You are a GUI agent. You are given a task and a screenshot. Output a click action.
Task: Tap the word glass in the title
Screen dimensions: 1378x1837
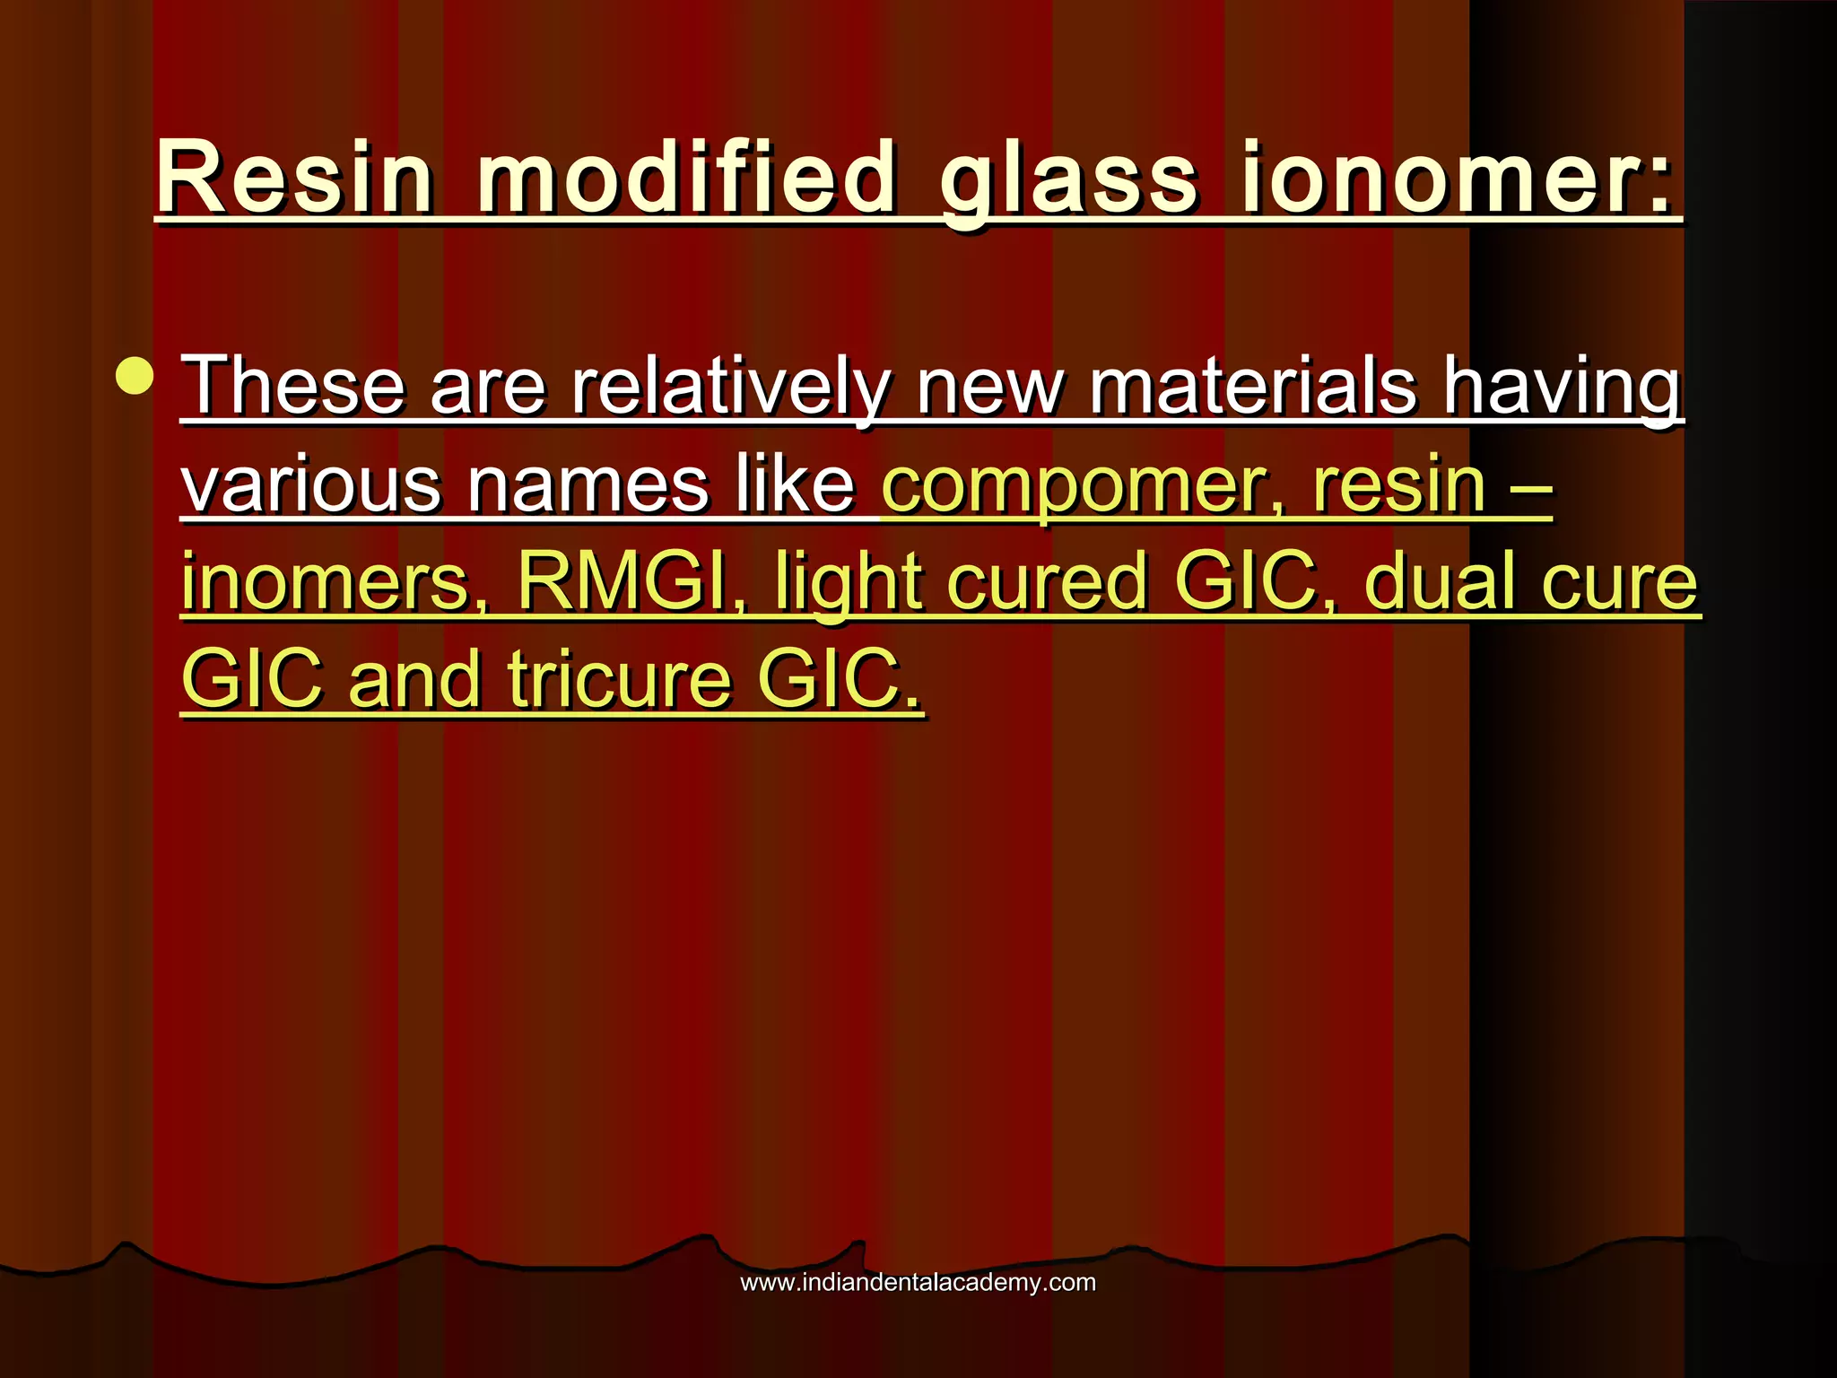click(x=1068, y=179)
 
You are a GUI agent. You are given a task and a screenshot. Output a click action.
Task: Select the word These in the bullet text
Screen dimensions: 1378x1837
click(x=293, y=386)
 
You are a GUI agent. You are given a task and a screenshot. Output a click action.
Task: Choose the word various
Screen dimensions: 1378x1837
click(x=310, y=484)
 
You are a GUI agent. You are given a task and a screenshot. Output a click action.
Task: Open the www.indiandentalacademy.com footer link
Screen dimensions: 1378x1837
click(x=918, y=1282)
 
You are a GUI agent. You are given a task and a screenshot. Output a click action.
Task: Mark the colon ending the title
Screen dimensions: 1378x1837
click(x=1659, y=184)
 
